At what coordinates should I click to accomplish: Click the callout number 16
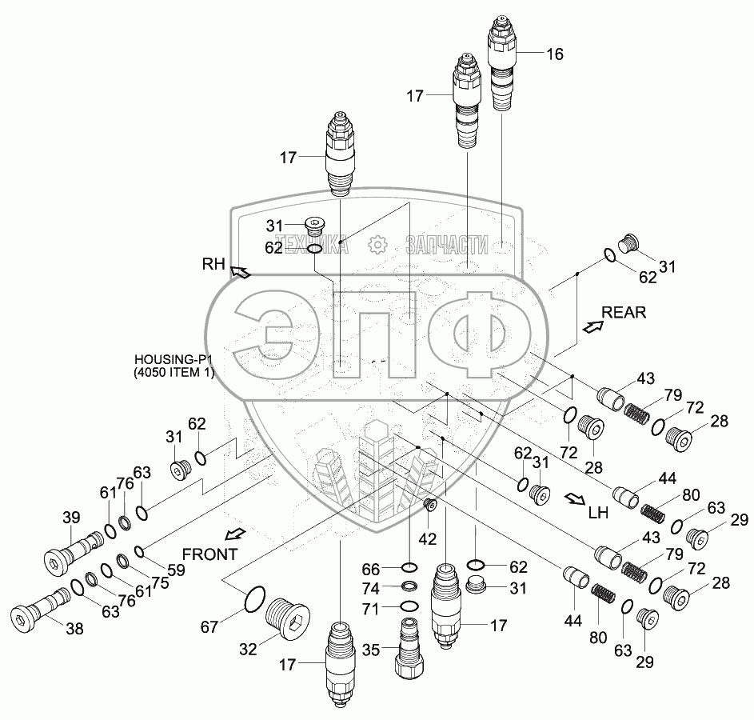tap(555, 55)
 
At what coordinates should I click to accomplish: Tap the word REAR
tap(624, 312)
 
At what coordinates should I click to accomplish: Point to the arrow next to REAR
tap(593, 326)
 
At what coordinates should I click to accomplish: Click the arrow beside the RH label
tap(240, 273)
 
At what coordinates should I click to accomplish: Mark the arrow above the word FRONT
tap(235, 534)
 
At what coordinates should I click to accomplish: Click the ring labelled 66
tap(409, 567)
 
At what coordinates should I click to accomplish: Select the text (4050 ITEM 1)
tap(175, 373)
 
